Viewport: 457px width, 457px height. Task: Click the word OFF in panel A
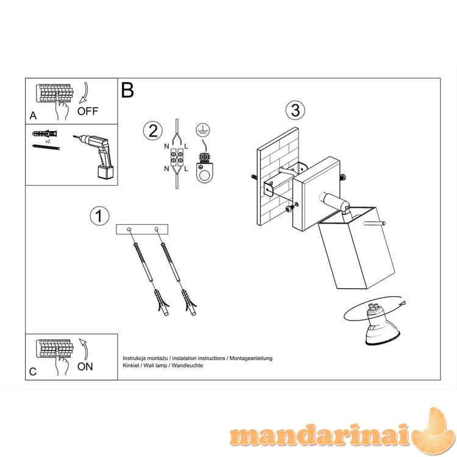pyautogui.click(x=88, y=111)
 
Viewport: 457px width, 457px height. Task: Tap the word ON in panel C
pyautogui.click(x=85, y=367)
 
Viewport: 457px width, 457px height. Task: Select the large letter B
pyautogui.click(x=127, y=90)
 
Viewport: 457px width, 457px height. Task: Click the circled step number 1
pyautogui.click(x=99, y=216)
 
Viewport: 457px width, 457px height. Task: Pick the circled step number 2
pyautogui.click(x=153, y=131)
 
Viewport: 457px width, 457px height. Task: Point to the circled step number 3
pyautogui.click(x=296, y=110)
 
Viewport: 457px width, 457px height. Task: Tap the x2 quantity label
pyautogui.click(x=48, y=141)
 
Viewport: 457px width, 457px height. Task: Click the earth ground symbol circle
pyautogui.click(x=203, y=130)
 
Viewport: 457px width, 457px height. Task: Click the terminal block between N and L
pyautogui.click(x=177, y=157)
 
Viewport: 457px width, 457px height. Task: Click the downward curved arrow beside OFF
pyautogui.click(x=84, y=93)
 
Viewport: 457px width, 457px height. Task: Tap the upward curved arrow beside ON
pyautogui.click(x=85, y=349)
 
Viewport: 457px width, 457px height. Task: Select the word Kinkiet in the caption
pyautogui.click(x=131, y=366)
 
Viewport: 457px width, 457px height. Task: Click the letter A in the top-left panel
pyautogui.click(x=34, y=116)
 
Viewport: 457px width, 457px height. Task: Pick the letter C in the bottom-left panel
pyautogui.click(x=33, y=372)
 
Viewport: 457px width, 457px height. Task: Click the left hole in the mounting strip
pyautogui.click(x=129, y=230)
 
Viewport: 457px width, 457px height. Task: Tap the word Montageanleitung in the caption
pyautogui.click(x=251, y=358)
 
